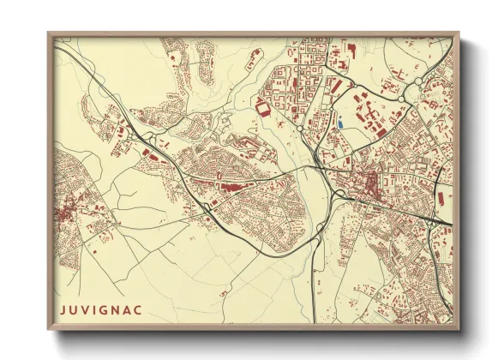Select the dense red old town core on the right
[x=370, y=185]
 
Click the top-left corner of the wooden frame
[x=49, y=33]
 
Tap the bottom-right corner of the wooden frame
[x=459, y=330]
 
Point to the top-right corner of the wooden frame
[x=459, y=33]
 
